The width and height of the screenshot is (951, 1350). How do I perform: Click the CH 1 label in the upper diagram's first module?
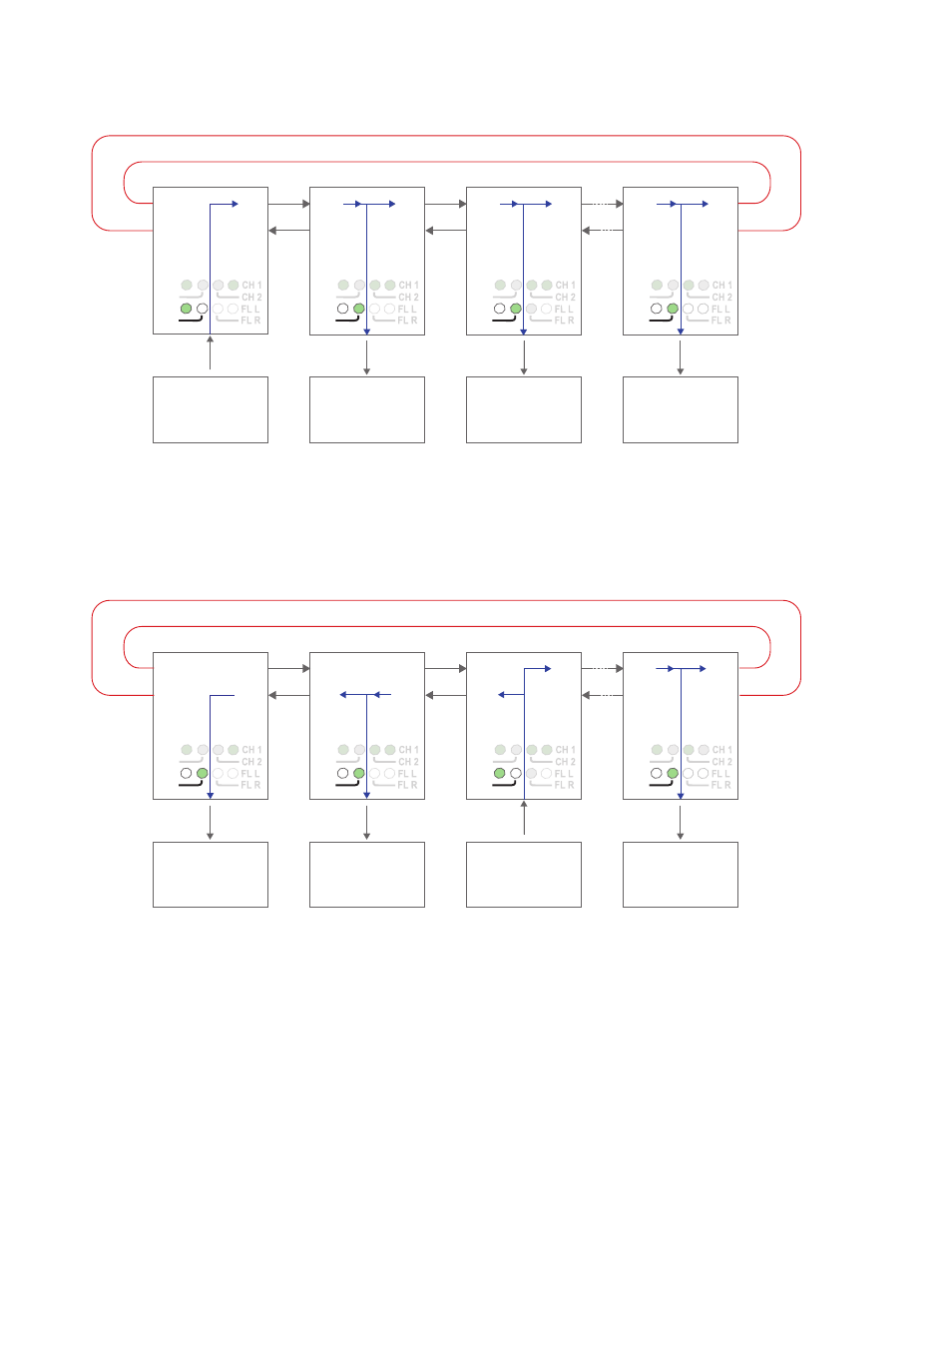click(x=251, y=286)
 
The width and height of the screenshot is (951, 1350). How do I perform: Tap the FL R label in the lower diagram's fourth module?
click(x=720, y=785)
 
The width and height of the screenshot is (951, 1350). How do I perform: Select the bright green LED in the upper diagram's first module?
click(x=186, y=309)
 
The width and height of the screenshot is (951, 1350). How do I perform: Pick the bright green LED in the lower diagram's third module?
click(x=500, y=773)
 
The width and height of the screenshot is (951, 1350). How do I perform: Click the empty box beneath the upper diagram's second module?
click(x=367, y=409)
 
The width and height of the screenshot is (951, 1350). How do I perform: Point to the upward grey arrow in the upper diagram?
click(x=211, y=352)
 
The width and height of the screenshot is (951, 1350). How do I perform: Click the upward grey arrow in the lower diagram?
click(x=524, y=817)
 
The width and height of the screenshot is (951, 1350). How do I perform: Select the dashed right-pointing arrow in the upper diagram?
click(x=603, y=204)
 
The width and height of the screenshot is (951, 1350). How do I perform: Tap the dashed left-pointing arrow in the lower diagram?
click(x=603, y=695)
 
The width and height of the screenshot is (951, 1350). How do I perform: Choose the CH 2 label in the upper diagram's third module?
click(x=565, y=298)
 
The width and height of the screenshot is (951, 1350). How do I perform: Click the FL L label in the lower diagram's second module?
click(x=407, y=774)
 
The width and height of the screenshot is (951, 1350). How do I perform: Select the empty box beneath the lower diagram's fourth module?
click(x=681, y=875)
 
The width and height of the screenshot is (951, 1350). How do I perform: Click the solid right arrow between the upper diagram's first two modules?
click(x=289, y=204)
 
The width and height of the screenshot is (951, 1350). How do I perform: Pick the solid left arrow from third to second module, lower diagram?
click(x=446, y=695)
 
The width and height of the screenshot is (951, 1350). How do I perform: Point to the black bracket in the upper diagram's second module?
click(x=347, y=320)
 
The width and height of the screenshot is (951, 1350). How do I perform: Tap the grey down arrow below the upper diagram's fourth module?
click(x=681, y=356)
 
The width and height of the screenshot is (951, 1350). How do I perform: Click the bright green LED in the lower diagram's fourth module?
click(x=673, y=773)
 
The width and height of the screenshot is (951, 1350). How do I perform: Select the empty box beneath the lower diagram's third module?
click(x=524, y=875)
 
